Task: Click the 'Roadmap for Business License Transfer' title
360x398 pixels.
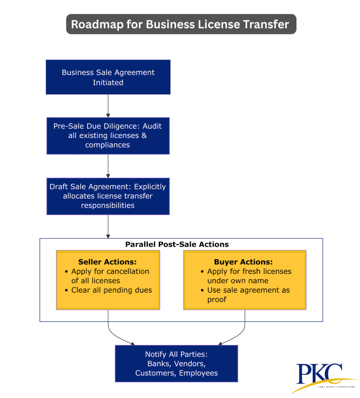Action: (180, 24)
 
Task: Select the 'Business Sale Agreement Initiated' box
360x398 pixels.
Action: (108, 77)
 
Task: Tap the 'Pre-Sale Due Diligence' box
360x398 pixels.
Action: (108, 136)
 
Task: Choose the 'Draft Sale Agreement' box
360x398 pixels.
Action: (108, 196)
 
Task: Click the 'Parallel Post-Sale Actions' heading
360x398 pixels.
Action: (177, 244)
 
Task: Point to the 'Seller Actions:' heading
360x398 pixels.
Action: (108, 262)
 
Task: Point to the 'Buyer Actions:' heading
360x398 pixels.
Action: (243, 262)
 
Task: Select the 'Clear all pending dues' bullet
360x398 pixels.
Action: (112, 290)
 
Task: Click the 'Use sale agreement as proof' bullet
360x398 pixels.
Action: (249, 295)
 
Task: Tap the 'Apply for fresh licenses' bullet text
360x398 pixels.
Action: (249, 271)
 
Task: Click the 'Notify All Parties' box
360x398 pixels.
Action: (176, 363)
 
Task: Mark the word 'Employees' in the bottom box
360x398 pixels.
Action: (198, 373)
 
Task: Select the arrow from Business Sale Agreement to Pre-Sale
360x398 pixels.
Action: (108, 106)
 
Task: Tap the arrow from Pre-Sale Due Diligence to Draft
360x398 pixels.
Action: (108, 166)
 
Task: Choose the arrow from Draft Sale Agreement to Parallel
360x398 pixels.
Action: (108, 226)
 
